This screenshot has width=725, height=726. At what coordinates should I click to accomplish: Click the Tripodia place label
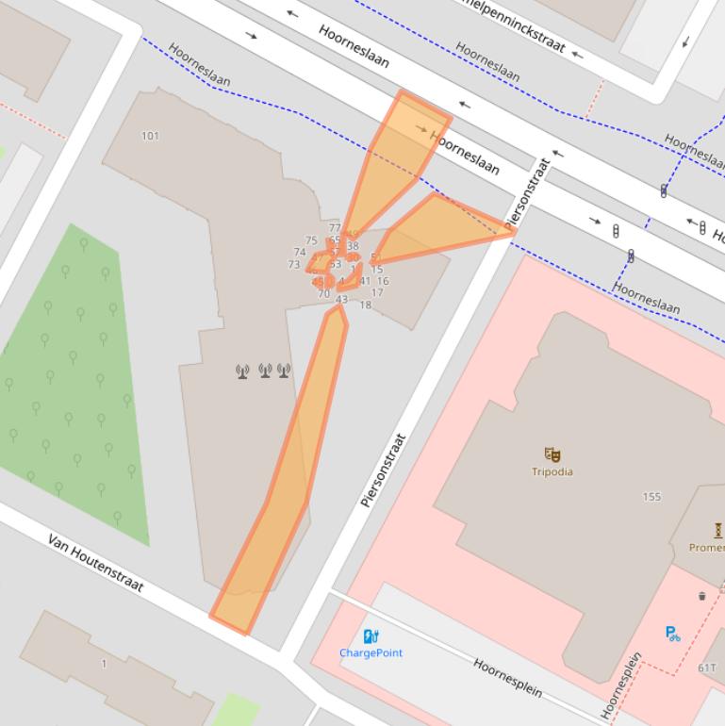pyautogui.click(x=552, y=471)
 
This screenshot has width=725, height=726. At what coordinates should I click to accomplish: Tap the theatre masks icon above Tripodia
pyautogui.click(x=552, y=454)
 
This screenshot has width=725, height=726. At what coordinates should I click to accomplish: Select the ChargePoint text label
pyautogui.click(x=371, y=652)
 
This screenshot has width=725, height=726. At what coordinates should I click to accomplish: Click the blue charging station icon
pyautogui.click(x=371, y=636)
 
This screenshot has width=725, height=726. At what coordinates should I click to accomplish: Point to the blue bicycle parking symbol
pyautogui.click(x=672, y=634)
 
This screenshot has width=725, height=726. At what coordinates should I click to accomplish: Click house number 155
pyautogui.click(x=651, y=496)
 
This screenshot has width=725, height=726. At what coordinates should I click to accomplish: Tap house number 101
pyautogui.click(x=150, y=136)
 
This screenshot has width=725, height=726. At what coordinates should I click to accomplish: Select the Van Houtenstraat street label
pyautogui.click(x=95, y=563)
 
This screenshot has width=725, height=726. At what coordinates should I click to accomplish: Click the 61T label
pyautogui.click(x=707, y=668)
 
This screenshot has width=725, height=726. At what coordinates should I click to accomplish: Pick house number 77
pyautogui.click(x=335, y=228)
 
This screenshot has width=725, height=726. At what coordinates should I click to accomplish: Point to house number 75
pyautogui.click(x=311, y=241)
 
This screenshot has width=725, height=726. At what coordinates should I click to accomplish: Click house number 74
pyautogui.click(x=300, y=253)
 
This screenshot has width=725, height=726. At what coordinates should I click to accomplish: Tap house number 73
pyautogui.click(x=294, y=265)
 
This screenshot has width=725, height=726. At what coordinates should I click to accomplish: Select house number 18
pyautogui.click(x=365, y=305)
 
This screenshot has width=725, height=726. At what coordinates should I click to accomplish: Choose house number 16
pyautogui.click(x=383, y=281)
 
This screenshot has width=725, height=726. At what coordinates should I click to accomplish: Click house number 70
pyautogui.click(x=323, y=294)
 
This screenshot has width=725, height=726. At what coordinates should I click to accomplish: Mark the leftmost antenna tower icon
pyautogui.click(x=242, y=371)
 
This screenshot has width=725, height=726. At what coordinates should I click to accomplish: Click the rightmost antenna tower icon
pyautogui.click(x=284, y=371)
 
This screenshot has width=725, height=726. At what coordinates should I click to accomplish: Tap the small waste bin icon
pyautogui.click(x=701, y=596)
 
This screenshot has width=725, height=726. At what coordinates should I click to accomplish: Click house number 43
pyautogui.click(x=341, y=300)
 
